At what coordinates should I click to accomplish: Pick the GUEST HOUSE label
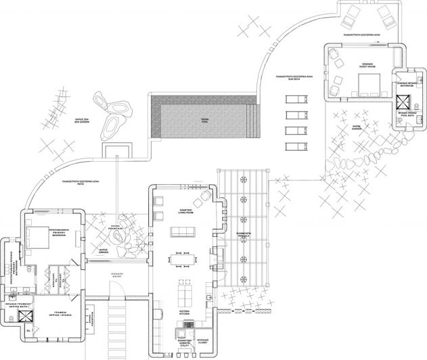pos(358,65)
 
